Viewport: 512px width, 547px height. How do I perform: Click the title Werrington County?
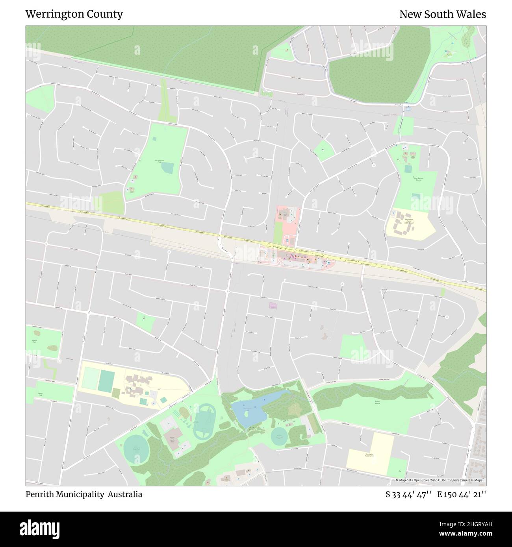click(74, 14)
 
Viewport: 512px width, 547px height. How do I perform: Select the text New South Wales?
click(442, 14)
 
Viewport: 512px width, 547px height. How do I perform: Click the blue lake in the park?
click(248, 411)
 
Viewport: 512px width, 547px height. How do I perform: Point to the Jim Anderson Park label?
click(159, 161)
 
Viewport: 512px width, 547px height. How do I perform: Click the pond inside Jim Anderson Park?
click(167, 168)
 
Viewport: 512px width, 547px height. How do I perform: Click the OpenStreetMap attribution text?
click(440, 480)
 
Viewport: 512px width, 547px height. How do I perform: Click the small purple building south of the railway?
click(273, 305)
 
